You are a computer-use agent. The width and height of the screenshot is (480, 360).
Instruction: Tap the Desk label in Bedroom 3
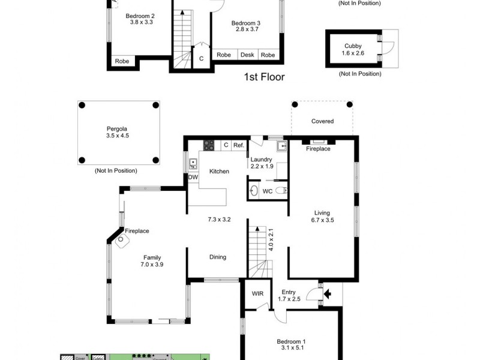click(x=247, y=55)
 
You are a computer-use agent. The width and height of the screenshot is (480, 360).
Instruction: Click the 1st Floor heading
click(x=264, y=77)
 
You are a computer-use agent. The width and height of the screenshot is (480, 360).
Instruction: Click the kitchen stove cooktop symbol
click(x=209, y=145)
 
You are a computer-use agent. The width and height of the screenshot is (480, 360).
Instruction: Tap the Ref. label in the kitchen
click(x=238, y=145)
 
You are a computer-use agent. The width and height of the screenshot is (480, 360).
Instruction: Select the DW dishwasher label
click(x=193, y=178)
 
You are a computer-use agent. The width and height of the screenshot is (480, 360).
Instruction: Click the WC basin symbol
click(x=254, y=191)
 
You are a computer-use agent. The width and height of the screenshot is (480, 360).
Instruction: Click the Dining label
click(x=218, y=257)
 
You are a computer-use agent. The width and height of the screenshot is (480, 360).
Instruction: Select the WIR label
click(x=257, y=293)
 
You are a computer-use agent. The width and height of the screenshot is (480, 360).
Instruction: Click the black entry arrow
click(x=328, y=294)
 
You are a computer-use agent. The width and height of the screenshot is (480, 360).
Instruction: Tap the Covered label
click(x=322, y=121)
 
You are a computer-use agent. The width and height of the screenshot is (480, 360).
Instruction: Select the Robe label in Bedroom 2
click(x=122, y=61)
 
